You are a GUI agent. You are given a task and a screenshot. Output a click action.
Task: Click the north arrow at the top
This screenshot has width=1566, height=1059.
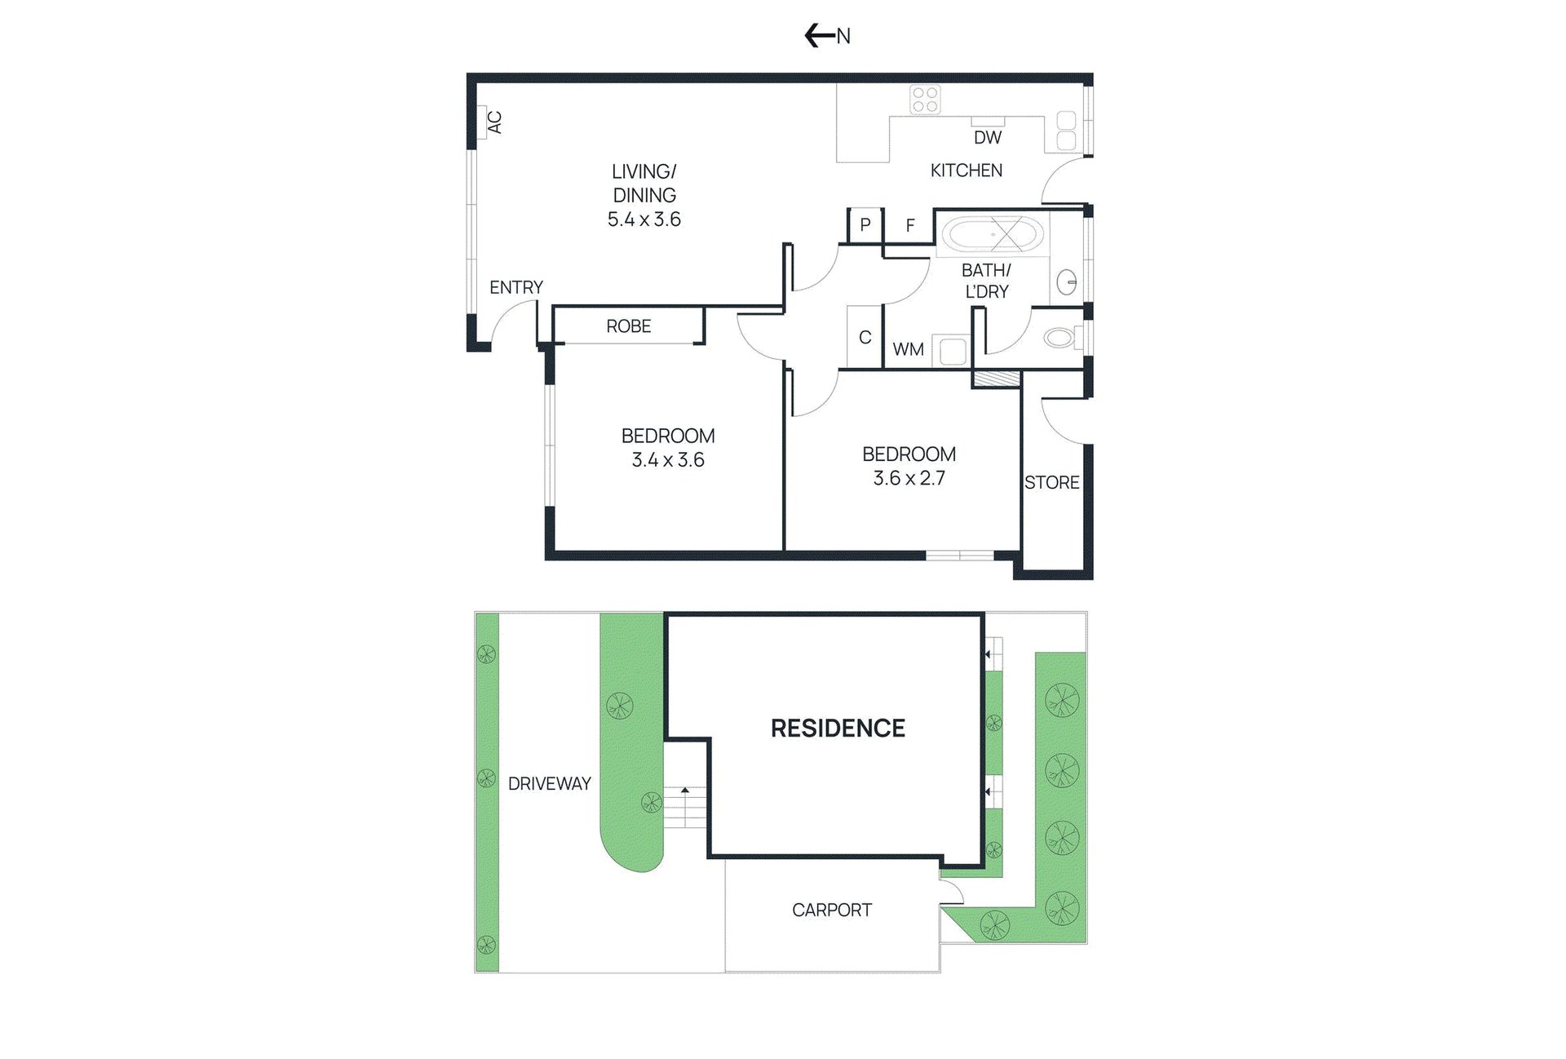pyautogui.click(x=819, y=35)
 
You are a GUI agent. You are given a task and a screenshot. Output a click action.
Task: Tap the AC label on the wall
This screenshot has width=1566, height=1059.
pyautogui.click(x=494, y=122)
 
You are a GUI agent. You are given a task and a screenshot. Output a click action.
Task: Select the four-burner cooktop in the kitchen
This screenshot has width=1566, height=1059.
pyautogui.click(x=926, y=100)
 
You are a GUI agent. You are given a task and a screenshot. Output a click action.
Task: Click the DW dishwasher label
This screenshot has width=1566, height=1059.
pyautogui.click(x=988, y=138)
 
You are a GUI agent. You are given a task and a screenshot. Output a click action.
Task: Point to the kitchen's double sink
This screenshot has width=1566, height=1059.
pyautogui.click(x=1066, y=131)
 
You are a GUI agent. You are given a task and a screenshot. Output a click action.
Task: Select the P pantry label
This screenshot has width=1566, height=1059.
pyautogui.click(x=865, y=225)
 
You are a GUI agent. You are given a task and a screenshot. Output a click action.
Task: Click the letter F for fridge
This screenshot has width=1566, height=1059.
pyautogui.click(x=910, y=225)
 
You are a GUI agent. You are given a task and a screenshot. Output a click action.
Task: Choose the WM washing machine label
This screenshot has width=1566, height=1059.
pyautogui.click(x=909, y=349)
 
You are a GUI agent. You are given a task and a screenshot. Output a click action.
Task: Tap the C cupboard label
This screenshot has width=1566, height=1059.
pyautogui.click(x=865, y=337)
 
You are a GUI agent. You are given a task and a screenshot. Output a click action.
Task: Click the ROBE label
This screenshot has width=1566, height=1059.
pyautogui.click(x=629, y=326)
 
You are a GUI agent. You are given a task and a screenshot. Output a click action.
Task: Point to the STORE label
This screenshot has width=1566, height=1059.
pyautogui.click(x=1052, y=483)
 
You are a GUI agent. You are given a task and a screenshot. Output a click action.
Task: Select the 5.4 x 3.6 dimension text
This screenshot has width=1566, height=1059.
pyautogui.click(x=644, y=219)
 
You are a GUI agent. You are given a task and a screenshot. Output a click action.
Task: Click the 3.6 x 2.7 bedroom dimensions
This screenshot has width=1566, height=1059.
pyautogui.click(x=909, y=478)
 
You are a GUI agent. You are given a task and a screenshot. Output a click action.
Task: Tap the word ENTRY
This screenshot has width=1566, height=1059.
pyautogui.click(x=516, y=287)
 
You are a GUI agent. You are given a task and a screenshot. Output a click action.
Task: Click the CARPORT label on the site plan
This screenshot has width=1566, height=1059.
pyautogui.click(x=832, y=910)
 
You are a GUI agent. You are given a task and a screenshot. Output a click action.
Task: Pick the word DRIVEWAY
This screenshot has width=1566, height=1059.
pyautogui.click(x=550, y=784)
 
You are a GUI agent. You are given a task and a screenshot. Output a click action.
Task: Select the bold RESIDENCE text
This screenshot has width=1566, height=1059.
pyautogui.click(x=838, y=729)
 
